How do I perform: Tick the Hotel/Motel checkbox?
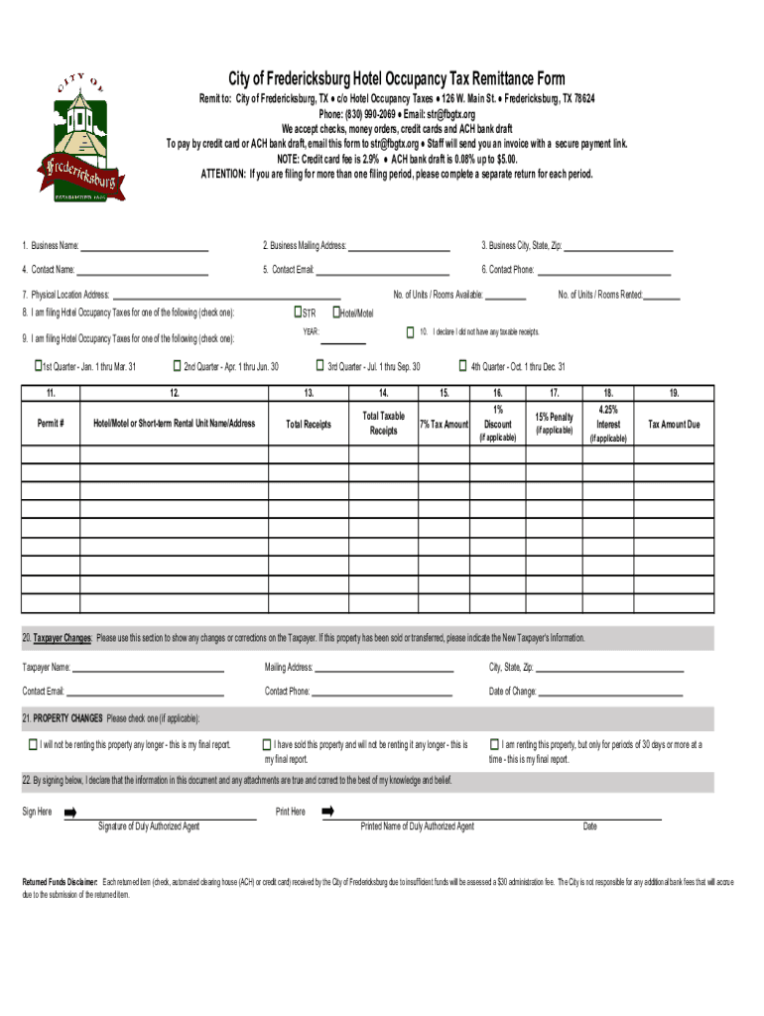pyautogui.click(x=336, y=312)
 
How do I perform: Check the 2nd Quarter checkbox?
pyautogui.click(x=178, y=365)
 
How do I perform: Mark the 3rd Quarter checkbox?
pyautogui.click(x=321, y=365)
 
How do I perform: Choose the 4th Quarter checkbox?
pyautogui.click(x=462, y=365)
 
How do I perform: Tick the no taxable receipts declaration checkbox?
pyautogui.click(x=409, y=330)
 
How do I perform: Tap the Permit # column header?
pyautogui.click(x=51, y=424)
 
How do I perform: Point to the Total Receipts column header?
pyautogui.click(x=309, y=424)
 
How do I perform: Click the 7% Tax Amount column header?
pyautogui.click(x=444, y=424)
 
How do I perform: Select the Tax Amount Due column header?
pyautogui.click(x=674, y=424)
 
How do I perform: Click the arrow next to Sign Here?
pyautogui.click(x=70, y=812)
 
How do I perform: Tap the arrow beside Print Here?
pyautogui.click(x=327, y=812)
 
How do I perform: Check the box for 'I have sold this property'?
pyautogui.click(x=267, y=744)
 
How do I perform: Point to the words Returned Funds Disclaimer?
pyautogui.click(x=61, y=881)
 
